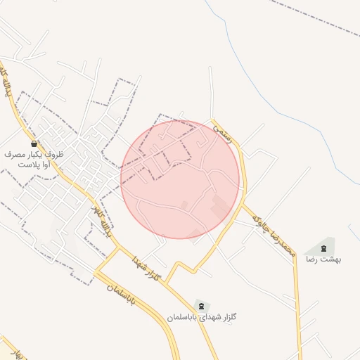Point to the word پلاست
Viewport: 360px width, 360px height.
point(27,165)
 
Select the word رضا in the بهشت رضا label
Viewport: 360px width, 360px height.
point(311,259)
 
